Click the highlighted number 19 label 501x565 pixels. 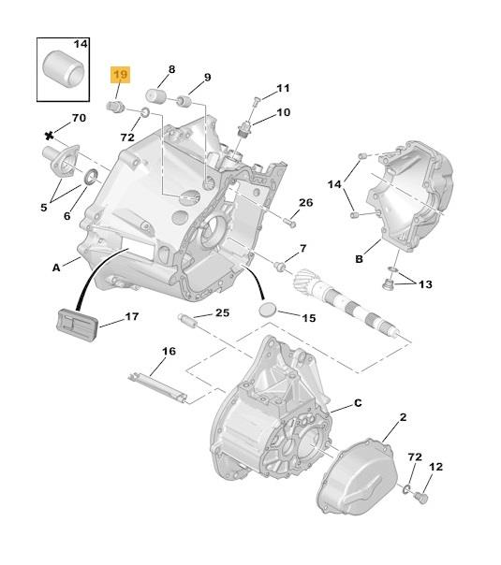click(120, 75)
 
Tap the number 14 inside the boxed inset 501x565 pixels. click(81, 44)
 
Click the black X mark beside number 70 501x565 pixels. click(49, 136)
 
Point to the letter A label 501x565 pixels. click(56, 268)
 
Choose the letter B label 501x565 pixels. click(359, 259)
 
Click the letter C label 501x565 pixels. click(358, 403)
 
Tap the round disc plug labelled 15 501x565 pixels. click(268, 310)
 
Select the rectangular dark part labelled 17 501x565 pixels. click(77, 324)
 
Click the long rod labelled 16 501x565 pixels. click(157, 387)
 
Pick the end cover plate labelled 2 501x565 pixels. click(356, 476)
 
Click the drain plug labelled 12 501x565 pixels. click(421, 498)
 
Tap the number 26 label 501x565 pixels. click(306, 202)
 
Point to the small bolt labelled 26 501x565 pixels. click(289, 223)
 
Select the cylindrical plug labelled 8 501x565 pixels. click(155, 95)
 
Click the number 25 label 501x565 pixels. click(222, 312)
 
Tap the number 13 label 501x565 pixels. click(425, 284)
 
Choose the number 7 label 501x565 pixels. click(303, 248)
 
